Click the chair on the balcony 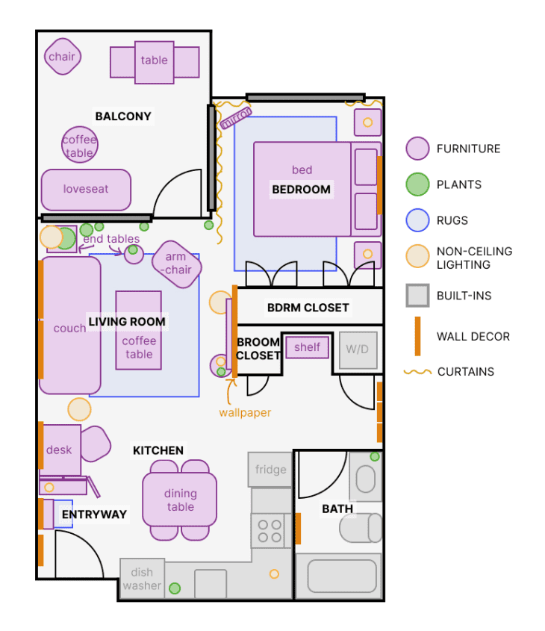(62, 57)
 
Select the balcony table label (155, 60)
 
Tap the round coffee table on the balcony (79, 145)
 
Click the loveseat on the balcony (86, 190)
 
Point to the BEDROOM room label (301, 190)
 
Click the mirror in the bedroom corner (236, 117)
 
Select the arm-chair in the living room (177, 264)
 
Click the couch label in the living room (69, 328)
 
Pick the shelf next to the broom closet (307, 347)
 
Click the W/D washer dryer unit (358, 349)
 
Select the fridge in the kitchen (270, 470)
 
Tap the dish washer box (142, 579)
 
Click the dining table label (180, 500)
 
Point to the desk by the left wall (60, 450)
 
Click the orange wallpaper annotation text (245, 412)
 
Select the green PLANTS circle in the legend (417, 184)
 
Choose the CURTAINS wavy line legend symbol (417, 371)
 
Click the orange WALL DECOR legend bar (417, 336)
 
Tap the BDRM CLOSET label (308, 308)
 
